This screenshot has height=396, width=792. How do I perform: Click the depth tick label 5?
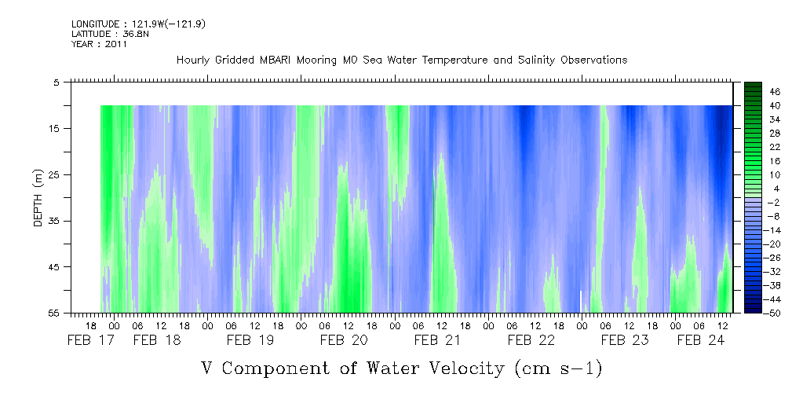click(57, 82)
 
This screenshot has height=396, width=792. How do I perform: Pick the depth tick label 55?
click(55, 313)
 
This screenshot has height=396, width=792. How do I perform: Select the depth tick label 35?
click(55, 221)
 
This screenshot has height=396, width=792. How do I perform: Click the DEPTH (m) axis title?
click(38, 196)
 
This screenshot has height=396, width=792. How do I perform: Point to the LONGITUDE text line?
click(138, 24)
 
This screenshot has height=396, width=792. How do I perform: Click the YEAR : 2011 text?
click(99, 45)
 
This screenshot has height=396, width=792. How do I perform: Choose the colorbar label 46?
click(775, 92)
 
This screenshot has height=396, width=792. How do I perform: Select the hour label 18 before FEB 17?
click(90, 325)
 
